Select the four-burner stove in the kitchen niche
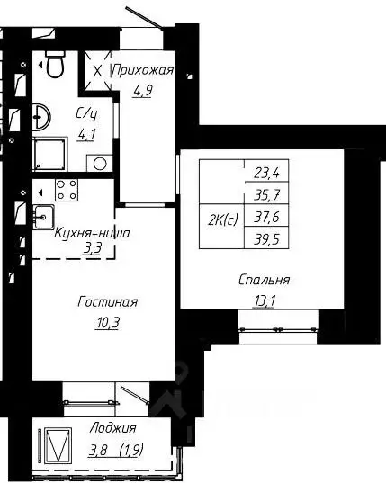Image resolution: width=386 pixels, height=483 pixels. click(x=66, y=190)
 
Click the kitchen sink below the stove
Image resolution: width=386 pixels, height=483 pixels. click(x=43, y=215)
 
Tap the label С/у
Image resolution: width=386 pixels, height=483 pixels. click(x=86, y=113)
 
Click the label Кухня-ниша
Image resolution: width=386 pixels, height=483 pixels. click(x=92, y=233)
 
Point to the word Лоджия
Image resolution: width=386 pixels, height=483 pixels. click(x=113, y=428)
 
